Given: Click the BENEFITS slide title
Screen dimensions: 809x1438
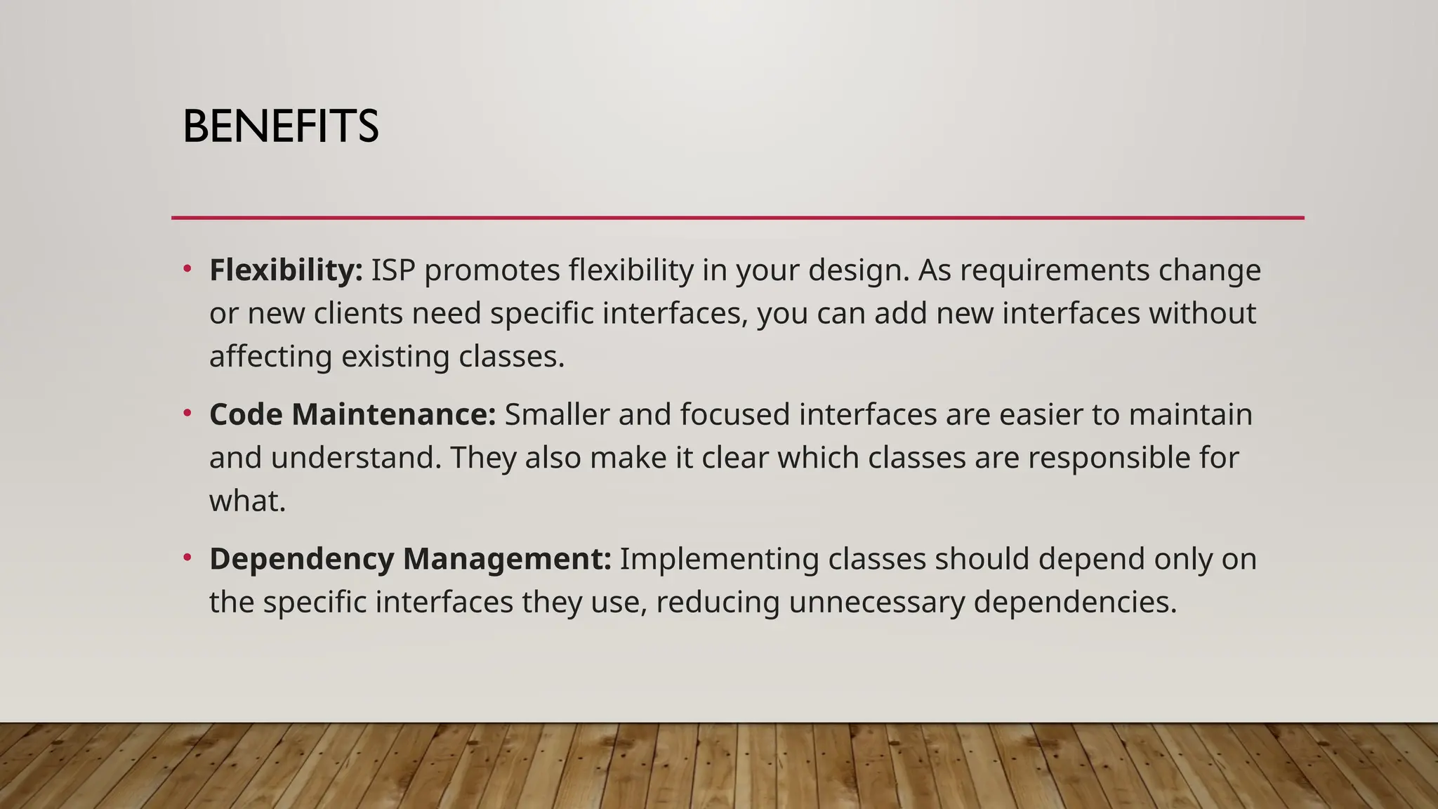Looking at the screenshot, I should [280, 127].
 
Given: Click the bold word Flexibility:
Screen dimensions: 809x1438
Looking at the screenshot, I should [286, 270].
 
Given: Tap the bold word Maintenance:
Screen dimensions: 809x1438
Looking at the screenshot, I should [394, 414].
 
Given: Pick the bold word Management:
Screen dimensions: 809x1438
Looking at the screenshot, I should [507, 560].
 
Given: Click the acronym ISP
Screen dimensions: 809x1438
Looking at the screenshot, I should [393, 270].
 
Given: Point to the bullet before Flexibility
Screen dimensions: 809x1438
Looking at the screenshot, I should [187, 269].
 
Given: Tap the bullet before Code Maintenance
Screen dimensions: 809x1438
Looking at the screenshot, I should [187, 413].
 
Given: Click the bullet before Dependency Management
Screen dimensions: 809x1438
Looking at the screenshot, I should [187, 558].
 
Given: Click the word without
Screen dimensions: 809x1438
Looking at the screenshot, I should [1202, 313].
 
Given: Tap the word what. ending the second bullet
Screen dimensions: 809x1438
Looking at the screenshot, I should [247, 501].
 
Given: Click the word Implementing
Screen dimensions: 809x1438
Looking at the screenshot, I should [719, 560].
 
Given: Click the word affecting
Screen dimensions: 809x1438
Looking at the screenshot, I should [270, 357].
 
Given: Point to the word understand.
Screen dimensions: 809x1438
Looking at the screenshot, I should [356, 458].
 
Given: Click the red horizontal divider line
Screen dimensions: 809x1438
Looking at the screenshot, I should [737, 218].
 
